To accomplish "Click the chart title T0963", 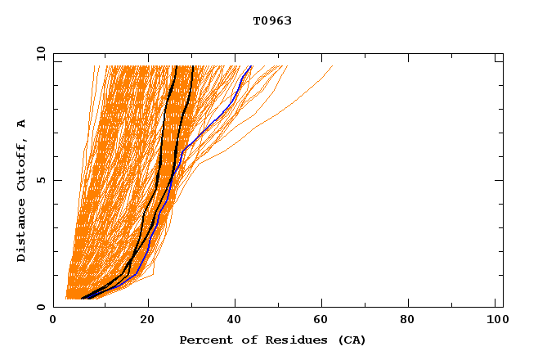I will [x=272, y=20].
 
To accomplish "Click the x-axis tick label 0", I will [x=53, y=322].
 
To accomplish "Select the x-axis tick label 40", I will [x=236, y=322].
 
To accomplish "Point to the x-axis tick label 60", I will [x=325, y=322].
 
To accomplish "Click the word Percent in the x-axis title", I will [x=205, y=340].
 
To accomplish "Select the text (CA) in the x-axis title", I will [x=351, y=340].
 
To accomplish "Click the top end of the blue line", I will [x=251, y=66].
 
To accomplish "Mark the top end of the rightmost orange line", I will [x=333, y=66].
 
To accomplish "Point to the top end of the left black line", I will [x=176, y=66].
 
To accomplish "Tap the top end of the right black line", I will [x=192, y=66].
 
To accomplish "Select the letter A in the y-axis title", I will [x=21, y=124].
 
